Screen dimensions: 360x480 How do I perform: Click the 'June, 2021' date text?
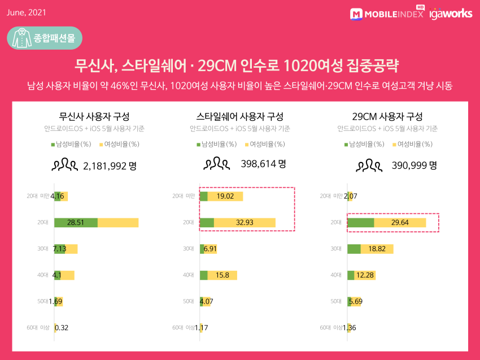tap(26, 12)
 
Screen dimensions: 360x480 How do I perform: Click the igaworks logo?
tap(451, 14)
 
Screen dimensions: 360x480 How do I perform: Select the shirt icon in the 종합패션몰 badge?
tap(21, 38)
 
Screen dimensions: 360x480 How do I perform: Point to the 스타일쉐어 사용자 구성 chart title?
tap(240, 117)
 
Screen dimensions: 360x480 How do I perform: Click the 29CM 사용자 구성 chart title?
tap(387, 117)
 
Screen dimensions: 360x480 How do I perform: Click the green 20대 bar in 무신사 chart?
tap(76, 222)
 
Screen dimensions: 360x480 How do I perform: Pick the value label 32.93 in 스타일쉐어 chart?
tap(245, 222)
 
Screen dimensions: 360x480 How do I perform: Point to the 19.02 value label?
tap(225, 196)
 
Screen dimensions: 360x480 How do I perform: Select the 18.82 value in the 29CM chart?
tap(377, 249)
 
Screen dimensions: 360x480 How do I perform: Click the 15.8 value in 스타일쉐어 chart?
tap(222, 275)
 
